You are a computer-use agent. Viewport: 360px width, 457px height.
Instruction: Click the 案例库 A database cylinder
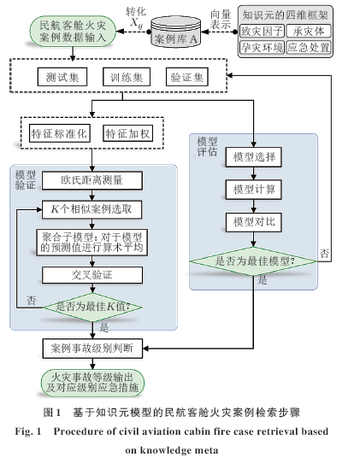point(176,32)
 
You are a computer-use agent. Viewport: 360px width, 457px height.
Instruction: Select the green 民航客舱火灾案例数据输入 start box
point(73,32)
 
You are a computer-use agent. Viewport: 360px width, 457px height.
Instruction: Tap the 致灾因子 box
point(262,32)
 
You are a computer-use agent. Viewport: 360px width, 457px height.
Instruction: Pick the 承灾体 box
point(309,32)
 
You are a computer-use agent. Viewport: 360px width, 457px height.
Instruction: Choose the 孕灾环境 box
point(262,47)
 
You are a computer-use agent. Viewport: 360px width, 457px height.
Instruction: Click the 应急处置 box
point(309,47)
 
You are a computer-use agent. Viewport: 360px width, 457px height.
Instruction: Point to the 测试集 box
point(62,77)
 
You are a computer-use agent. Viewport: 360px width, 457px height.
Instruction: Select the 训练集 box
point(127,77)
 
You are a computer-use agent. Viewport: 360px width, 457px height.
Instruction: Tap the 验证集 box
point(187,77)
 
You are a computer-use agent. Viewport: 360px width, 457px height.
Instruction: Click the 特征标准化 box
point(60,133)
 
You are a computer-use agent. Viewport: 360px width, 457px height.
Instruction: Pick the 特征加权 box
point(127,133)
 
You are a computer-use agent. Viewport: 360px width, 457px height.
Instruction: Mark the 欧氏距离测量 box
point(92,180)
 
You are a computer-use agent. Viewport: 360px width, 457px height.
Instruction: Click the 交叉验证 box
point(92,275)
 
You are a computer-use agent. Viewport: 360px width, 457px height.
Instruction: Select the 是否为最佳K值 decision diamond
point(92,307)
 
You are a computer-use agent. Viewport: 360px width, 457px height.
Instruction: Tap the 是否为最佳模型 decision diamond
point(253,261)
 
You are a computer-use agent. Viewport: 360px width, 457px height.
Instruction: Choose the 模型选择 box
point(253,157)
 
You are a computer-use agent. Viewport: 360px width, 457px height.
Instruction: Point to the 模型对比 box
point(253,222)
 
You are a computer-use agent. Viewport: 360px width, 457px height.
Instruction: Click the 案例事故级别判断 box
point(92,349)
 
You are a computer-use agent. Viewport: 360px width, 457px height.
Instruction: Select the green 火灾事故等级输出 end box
point(92,383)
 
